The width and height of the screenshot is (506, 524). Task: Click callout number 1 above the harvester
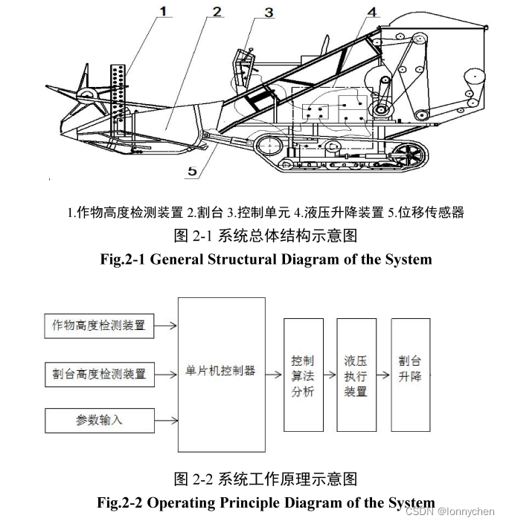tap(164, 10)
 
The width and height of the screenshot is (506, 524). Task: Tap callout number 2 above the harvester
tap(216, 11)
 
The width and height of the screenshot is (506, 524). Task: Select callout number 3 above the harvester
tap(268, 12)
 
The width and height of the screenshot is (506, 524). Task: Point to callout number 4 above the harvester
tap(371, 13)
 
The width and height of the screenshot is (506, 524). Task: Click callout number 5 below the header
tap(192, 170)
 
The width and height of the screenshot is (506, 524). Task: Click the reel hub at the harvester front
tap(89, 94)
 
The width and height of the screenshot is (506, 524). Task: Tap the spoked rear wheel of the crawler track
tap(406, 157)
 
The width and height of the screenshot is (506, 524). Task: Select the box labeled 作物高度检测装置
tap(99, 326)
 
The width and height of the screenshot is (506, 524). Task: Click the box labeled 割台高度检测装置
tap(99, 372)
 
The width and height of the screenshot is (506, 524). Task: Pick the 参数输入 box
tap(99, 420)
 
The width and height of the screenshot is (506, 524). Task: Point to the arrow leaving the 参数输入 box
tap(166, 420)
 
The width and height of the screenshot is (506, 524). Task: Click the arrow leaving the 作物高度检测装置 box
tap(166, 326)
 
